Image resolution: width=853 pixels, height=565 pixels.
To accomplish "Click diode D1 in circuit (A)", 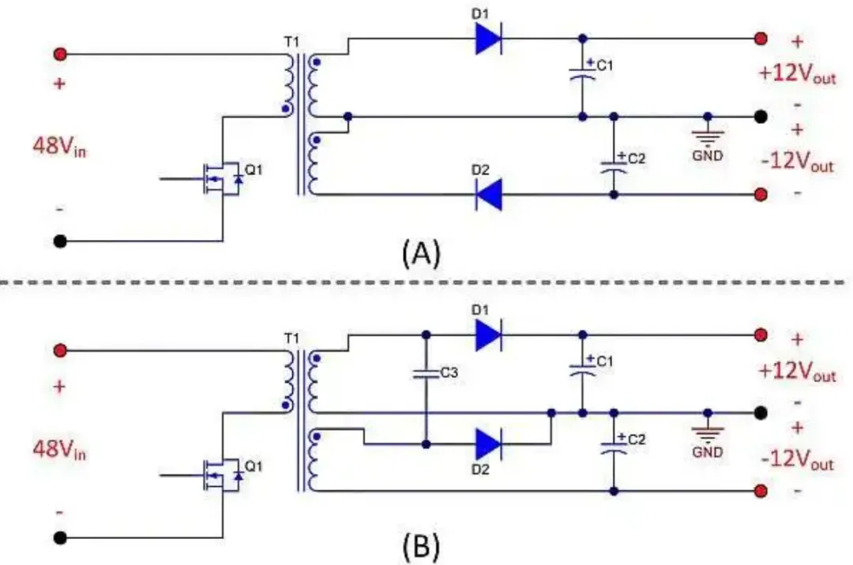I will pos(489,38).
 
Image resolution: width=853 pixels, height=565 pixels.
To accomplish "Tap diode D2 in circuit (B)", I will pos(489,445).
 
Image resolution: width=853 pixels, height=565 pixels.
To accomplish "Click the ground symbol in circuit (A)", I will pos(707,138).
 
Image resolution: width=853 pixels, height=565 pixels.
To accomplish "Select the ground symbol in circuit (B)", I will pos(707,435).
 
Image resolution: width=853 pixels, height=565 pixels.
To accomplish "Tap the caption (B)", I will pos(421,545).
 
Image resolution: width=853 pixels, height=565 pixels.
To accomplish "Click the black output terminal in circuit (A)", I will pos(761,117).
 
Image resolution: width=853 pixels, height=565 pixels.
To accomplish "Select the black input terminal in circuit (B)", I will pos(60,538).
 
